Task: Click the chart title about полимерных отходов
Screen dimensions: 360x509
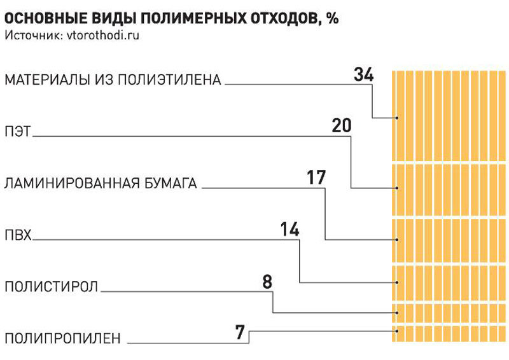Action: tap(171, 18)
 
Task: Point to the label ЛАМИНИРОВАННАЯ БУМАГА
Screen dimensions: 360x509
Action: tap(101, 184)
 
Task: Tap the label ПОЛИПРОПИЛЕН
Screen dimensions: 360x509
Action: tap(62, 338)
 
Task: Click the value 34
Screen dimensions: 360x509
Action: tap(363, 75)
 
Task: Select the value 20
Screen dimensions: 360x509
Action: tap(342, 126)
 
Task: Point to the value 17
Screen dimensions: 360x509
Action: tap(316, 177)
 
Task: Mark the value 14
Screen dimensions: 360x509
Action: tap(289, 229)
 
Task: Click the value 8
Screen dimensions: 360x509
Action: tap(267, 280)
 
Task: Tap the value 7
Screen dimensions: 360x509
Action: tap(241, 331)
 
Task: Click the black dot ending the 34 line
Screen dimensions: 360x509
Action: tap(397, 118)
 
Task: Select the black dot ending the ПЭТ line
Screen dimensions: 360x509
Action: tap(397, 188)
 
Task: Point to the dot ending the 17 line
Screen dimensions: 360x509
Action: tap(397, 240)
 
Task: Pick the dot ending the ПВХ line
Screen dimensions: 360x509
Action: tap(397, 282)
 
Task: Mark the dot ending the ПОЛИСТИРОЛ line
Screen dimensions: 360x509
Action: tap(397, 312)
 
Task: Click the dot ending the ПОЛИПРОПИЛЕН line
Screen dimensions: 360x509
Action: tap(397, 331)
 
